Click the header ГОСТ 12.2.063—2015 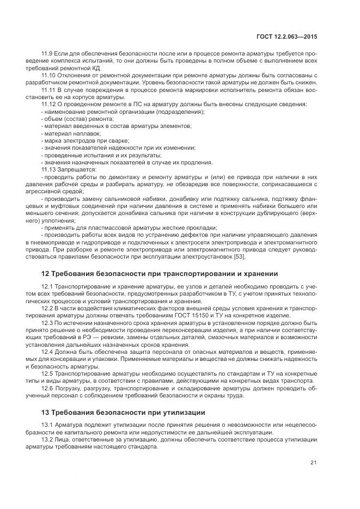pos(286,36)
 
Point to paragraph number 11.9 pos(47,53)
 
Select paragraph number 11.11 pos(49,89)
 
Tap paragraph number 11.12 pos(49,103)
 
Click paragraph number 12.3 pos(48,323)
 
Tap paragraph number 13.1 pos(48,425)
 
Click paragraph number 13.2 pos(48,439)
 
